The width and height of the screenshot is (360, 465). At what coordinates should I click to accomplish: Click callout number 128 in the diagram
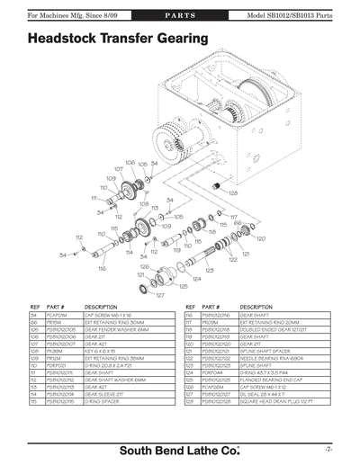[x=233, y=192]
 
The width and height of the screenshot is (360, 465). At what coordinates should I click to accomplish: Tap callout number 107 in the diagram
[x=119, y=168]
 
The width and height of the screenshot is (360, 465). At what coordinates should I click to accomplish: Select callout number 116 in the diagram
[x=102, y=268]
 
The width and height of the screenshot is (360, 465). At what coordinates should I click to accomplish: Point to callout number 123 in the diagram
[x=209, y=269]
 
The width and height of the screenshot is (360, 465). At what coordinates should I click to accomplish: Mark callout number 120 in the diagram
[x=261, y=238]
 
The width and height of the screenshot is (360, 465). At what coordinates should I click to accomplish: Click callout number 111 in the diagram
[x=93, y=198]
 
